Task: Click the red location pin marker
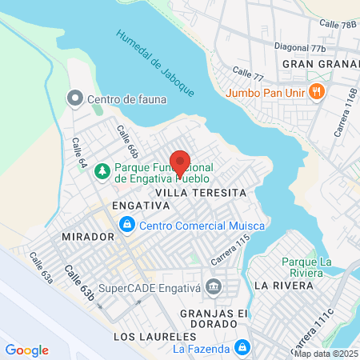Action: pyautogui.click(x=180, y=162)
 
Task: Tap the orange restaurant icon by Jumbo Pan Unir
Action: pyautogui.click(x=317, y=91)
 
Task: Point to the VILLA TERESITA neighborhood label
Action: pyautogui.click(x=198, y=194)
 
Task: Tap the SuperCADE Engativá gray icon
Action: pyautogui.click(x=214, y=286)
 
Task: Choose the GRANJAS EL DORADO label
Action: pyautogui.click(x=209, y=318)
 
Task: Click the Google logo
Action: pyautogui.click(x=26, y=350)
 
